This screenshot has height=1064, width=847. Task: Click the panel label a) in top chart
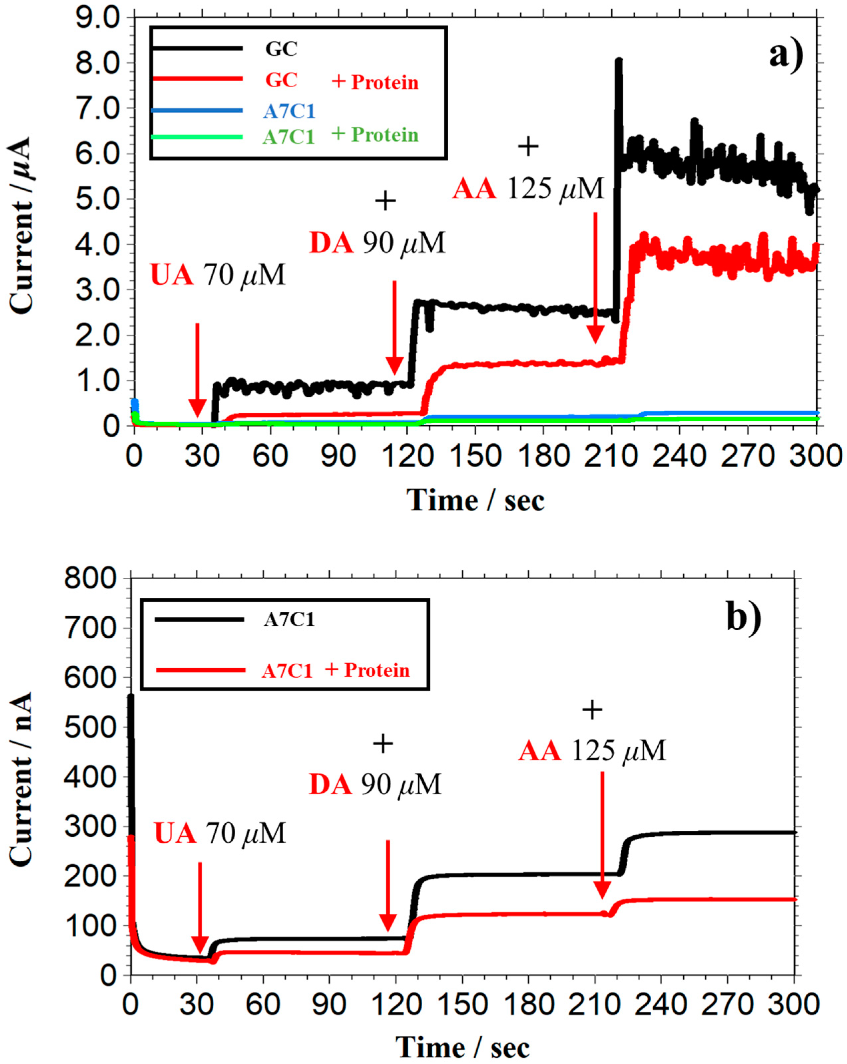[786, 55]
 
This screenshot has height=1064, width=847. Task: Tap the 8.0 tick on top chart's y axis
[97, 63]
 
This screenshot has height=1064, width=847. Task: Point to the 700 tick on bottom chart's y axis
[90, 628]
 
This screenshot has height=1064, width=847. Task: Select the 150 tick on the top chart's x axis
[475, 456]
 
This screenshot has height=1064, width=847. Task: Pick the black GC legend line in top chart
[197, 48]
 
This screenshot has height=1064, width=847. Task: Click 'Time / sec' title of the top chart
[475, 501]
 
